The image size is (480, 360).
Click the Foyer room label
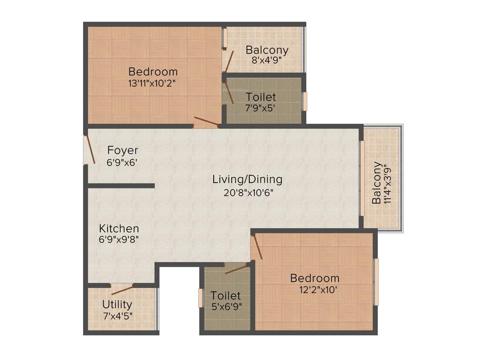click(123, 150)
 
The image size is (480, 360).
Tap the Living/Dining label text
click(247, 179)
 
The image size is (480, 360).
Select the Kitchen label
click(119, 229)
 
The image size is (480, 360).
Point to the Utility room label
click(117, 305)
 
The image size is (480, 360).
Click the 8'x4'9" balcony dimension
click(267, 60)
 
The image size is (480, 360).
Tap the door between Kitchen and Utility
click(122, 289)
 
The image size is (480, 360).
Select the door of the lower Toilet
click(236, 269)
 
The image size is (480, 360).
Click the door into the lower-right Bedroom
click(257, 247)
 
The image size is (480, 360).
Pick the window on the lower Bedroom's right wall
click(376, 281)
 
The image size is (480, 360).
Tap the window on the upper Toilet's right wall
click(304, 101)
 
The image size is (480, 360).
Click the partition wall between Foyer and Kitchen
click(121, 186)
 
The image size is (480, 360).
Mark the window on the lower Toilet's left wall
click(201, 298)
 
